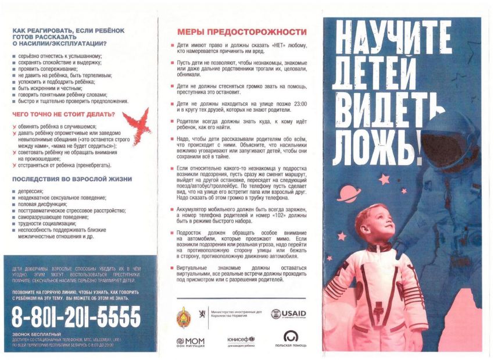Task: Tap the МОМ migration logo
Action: click(x=190, y=342)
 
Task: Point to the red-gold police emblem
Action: click(x=184, y=316)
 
